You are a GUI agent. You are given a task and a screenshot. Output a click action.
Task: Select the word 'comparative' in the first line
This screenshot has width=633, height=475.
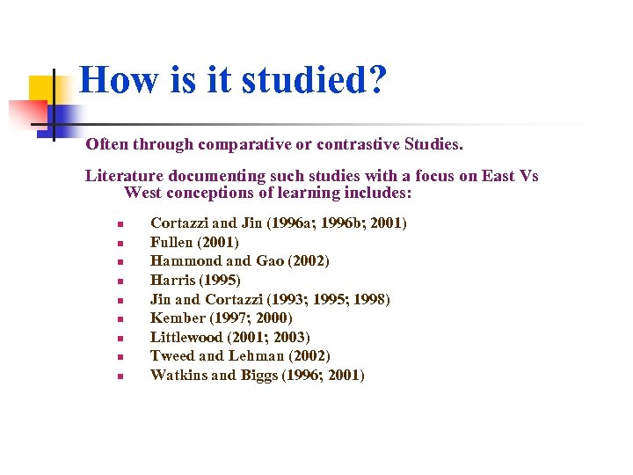(244, 143)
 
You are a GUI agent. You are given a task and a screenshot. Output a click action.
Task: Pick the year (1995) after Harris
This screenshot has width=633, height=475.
(220, 281)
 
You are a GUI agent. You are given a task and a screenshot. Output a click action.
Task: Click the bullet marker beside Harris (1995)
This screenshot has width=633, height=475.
(120, 281)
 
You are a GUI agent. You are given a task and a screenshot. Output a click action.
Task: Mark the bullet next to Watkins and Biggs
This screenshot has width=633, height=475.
(120, 376)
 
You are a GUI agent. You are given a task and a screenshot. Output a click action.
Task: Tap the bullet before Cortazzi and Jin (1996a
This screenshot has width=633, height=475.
(120, 224)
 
